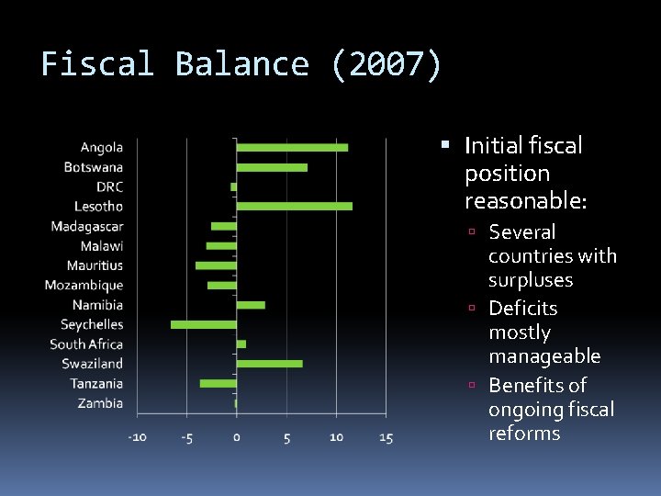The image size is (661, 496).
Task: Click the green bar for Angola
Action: pyautogui.click(x=292, y=147)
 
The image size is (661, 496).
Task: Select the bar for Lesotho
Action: pyautogui.click(x=294, y=206)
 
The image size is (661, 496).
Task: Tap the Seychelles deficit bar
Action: pyautogui.click(x=204, y=324)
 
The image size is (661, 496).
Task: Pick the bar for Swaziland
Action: pyautogui.click(x=269, y=364)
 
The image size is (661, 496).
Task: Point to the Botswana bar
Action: pyautogui.click(x=272, y=167)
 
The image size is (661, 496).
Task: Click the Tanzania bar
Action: pyautogui.click(x=218, y=383)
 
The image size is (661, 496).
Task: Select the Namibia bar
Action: pyautogui.click(x=251, y=305)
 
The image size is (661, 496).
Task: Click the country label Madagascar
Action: pyautogui.click(x=87, y=226)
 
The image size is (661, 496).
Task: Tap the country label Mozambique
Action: pyautogui.click(x=84, y=286)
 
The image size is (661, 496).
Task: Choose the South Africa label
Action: pyautogui.click(x=86, y=344)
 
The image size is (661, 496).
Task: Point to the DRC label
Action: pyautogui.click(x=109, y=186)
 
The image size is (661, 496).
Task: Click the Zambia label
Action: pyautogui.click(x=100, y=403)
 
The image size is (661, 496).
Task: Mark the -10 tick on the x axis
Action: pyautogui.click(x=137, y=438)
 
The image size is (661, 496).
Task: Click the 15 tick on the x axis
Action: pyautogui.click(x=386, y=438)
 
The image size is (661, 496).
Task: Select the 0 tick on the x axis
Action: pyautogui.click(x=237, y=438)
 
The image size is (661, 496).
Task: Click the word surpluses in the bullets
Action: pyautogui.click(x=531, y=280)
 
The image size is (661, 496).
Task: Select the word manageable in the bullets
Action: pyautogui.click(x=544, y=355)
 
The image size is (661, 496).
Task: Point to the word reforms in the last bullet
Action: pyautogui.click(x=524, y=433)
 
